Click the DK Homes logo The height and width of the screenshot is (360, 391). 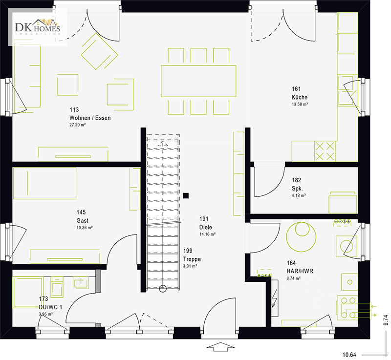click(x=38, y=27)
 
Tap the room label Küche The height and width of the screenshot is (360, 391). click(x=300, y=97)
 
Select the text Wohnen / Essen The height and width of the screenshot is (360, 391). click(x=90, y=118)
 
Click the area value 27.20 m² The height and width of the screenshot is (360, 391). click(x=78, y=125)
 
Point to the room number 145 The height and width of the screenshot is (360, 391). click(x=81, y=212)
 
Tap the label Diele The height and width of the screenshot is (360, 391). click(x=206, y=227)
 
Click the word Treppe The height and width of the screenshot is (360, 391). click(x=192, y=259)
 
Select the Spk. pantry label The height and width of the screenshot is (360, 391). click(x=297, y=189)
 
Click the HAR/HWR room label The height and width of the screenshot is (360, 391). click(x=300, y=271)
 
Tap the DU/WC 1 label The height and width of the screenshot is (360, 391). click(x=50, y=307)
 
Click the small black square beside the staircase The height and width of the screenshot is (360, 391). click(x=186, y=195)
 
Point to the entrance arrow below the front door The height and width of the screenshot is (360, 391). click(x=221, y=347)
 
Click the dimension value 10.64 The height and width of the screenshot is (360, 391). click(x=349, y=355)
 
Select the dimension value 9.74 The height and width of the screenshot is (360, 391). click(x=386, y=320)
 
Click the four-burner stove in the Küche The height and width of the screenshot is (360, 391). click(x=325, y=151)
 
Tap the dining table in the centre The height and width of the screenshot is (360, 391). click(x=198, y=81)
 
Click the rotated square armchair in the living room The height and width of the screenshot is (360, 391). click(x=100, y=51)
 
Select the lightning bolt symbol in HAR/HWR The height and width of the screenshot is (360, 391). click(x=275, y=298)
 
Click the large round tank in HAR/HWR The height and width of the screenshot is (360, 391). click(x=301, y=237)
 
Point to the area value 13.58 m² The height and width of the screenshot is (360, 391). click(x=300, y=104)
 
